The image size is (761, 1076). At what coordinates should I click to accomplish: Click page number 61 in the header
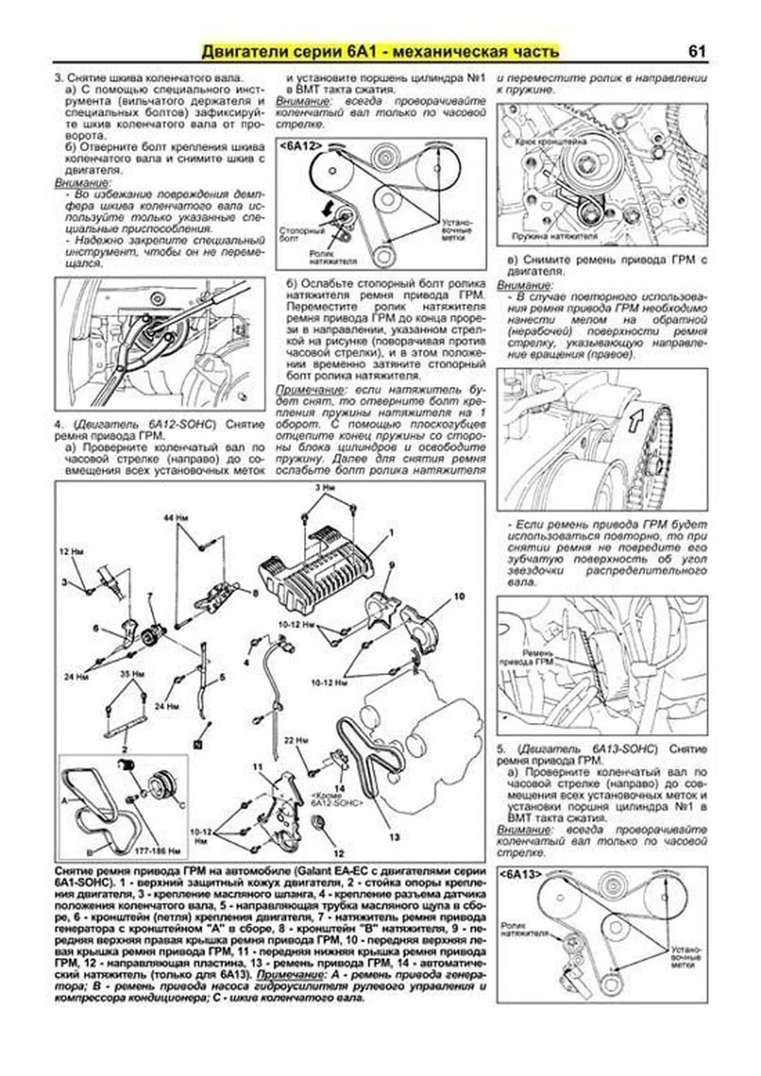coord(696,51)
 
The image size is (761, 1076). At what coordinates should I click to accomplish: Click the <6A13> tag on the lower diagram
coord(521,874)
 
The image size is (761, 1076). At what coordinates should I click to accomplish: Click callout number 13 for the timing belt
coord(394,837)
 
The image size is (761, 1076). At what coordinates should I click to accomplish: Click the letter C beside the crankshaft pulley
coord(182,805)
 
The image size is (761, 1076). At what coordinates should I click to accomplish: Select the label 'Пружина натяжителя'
coord(555,237)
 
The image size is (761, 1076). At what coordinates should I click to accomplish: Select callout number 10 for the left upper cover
coord(459,596)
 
